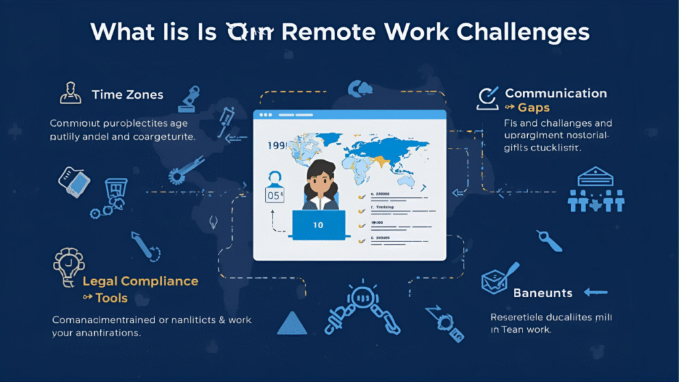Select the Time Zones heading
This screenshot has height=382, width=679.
(128, 95)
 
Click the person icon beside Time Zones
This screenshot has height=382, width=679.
(70, 93)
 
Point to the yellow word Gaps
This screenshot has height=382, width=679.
(534, 107)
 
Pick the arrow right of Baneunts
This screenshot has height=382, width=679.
(596, 292)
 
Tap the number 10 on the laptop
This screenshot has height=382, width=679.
(318, 225)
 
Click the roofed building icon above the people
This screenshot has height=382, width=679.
(596, 176)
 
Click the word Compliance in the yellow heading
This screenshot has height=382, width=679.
(159, 281)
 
